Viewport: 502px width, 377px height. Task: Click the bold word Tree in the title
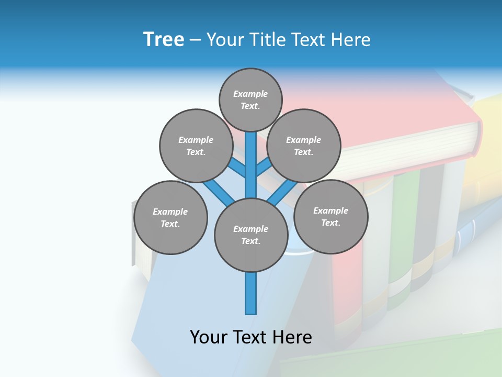(164, 39)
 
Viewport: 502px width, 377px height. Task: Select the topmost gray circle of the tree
(250, 99)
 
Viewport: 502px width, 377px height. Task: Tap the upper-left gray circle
(196, 146)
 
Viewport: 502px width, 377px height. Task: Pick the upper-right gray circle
(304, 146)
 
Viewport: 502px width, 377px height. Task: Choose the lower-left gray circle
(170, 217)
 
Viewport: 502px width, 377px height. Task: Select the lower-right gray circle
(330, 216)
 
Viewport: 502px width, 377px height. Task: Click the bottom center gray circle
(251, 235)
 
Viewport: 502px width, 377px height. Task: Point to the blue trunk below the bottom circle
(251, 293)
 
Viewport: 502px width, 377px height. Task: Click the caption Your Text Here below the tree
(251, 337)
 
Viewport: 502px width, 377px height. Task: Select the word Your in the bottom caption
(208, 337)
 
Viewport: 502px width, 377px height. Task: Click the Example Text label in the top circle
(250, 99)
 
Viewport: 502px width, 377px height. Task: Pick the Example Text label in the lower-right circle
(330, 216)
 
